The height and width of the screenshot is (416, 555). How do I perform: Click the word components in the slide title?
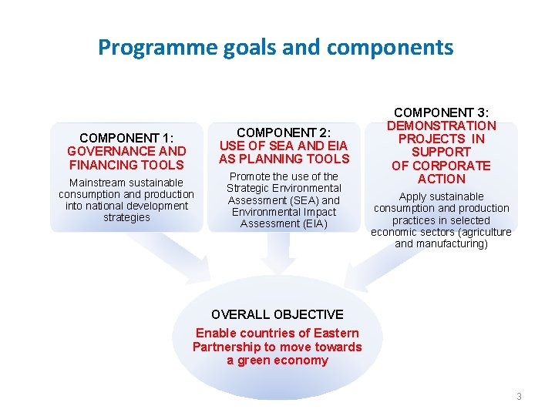[x=390, y=49]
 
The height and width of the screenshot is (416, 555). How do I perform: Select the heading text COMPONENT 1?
[x=126, y=138]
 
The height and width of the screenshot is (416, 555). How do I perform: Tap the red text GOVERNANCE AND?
[x=126, y=151]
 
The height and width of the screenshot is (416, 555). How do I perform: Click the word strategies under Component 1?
[x=126, y=217]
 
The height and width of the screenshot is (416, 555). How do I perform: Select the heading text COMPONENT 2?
[x=284, y=133]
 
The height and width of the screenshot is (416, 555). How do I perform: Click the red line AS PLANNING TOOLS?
[x=284, y=159]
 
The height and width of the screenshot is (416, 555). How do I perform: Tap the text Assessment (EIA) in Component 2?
[x=284, y=223]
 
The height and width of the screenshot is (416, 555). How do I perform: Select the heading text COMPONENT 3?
[x=441, y=112]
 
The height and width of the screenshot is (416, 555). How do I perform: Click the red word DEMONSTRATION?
[x=441, y=126]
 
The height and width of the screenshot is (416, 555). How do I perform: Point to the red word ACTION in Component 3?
[x=441, y=179]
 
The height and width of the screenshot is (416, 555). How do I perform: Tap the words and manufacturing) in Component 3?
[x=441, y=243]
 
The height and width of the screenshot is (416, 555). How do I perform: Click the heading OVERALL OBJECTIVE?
[x=277, y=314]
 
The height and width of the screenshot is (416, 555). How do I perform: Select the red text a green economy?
[x=277, y=361]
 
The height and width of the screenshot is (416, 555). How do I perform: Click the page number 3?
[x=519, y=397]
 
